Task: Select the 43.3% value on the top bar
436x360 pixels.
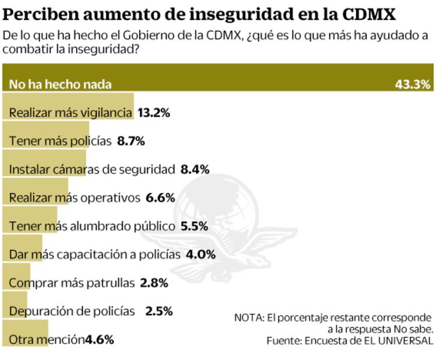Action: [413, 84]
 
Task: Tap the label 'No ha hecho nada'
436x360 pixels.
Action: [60, 84]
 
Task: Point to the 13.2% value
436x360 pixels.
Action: [153, 113]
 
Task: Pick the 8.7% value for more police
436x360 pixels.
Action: [131, 141]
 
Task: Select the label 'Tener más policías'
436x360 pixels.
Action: [60, 141]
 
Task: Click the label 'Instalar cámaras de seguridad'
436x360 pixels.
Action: [92, 169]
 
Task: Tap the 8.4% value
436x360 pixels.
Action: [195, 169]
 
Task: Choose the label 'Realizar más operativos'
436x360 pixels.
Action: [74, 197]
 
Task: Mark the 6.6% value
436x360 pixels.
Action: [160, 197]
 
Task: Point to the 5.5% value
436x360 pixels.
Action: [194, 226]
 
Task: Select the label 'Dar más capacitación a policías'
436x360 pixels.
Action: [95, 254]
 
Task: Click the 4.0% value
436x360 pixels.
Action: [201, 254]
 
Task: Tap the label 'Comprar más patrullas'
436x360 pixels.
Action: [71, 283]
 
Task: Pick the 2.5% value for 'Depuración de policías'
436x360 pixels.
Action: [159, 311]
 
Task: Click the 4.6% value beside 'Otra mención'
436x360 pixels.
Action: [99, 339]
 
